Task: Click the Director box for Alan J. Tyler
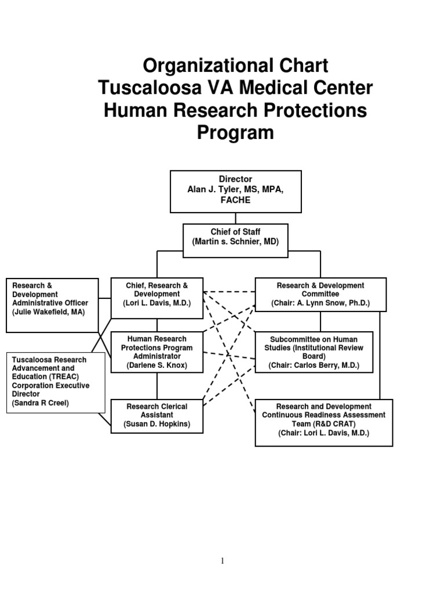click(235, 191)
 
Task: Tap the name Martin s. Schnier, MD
click(235, 241)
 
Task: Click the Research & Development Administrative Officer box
click(52, 305)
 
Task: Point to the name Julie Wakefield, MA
click(48, 312)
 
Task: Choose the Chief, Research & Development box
click(156, 298)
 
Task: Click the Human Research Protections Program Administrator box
click(156, 352)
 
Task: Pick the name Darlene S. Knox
click(156, 365)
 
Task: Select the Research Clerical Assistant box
click(156, 415)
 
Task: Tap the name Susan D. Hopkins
click(156, 424)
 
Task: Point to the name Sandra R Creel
click(41, 402)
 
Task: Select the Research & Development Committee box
click(320, 294)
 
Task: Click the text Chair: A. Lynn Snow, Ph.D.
click(320, 303)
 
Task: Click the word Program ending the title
click(235, 133)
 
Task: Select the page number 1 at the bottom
click(222, 560)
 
